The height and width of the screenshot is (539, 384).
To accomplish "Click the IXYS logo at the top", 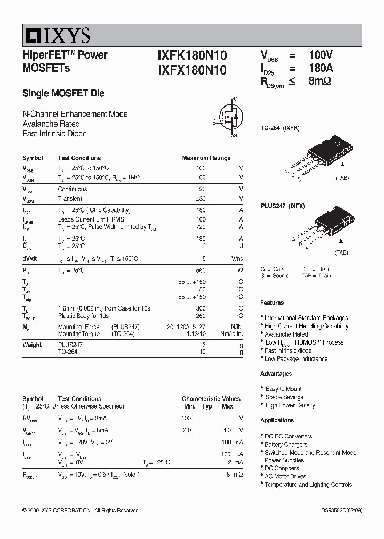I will (57, 35).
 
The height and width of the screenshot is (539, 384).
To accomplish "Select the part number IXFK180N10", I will (192, 55).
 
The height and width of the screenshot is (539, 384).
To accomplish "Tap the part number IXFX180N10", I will (192, 70).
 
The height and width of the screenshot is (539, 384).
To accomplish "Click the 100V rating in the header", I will (321, 55).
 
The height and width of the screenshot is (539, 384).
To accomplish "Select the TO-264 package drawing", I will (320, 155).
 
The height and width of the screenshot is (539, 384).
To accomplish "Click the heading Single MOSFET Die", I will (63, 94).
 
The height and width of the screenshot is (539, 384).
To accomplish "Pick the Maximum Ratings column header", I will (206, 158).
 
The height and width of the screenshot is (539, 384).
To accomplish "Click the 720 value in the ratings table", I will (201, 227).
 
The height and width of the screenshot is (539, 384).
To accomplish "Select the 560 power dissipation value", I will (201, 270).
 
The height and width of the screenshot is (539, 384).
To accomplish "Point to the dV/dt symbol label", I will (30, 258).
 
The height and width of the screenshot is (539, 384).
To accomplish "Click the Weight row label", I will (32, 345).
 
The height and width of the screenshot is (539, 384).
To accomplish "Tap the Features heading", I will (272, 303).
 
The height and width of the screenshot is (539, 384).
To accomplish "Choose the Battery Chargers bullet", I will (286, 444).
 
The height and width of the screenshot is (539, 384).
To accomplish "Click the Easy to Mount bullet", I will (283, 389).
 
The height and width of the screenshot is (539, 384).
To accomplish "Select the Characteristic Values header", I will (211, 399).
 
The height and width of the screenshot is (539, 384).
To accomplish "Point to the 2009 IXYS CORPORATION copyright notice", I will (80, 510).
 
